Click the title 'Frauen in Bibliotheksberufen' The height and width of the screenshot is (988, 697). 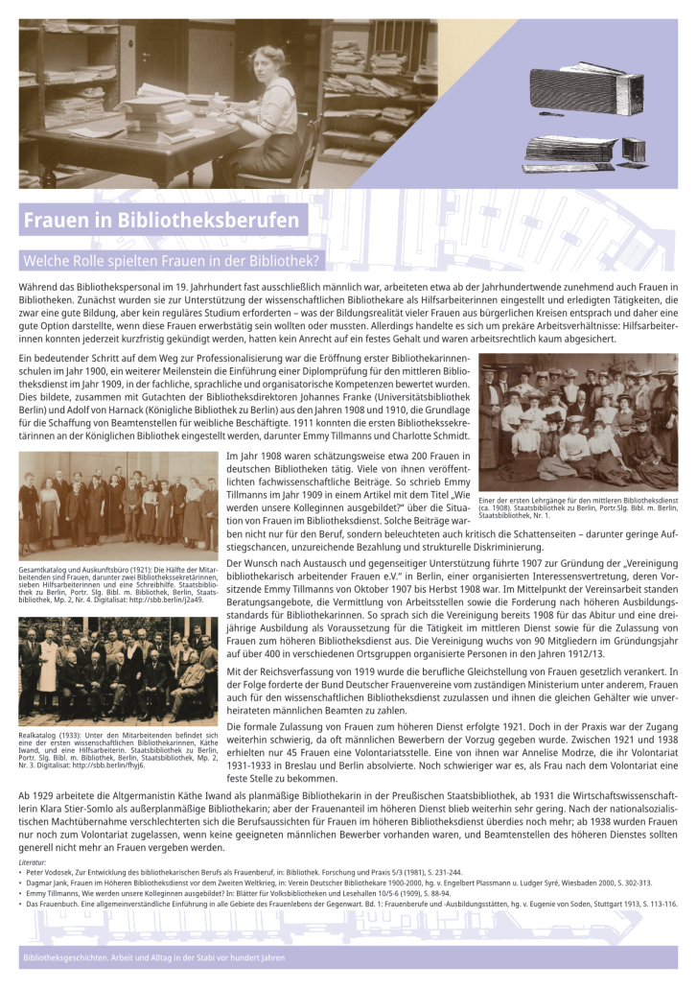(161, 221)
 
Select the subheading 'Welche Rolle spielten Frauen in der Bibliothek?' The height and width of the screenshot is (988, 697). (171, 260)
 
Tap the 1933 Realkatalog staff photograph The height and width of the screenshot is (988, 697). (118, 670)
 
